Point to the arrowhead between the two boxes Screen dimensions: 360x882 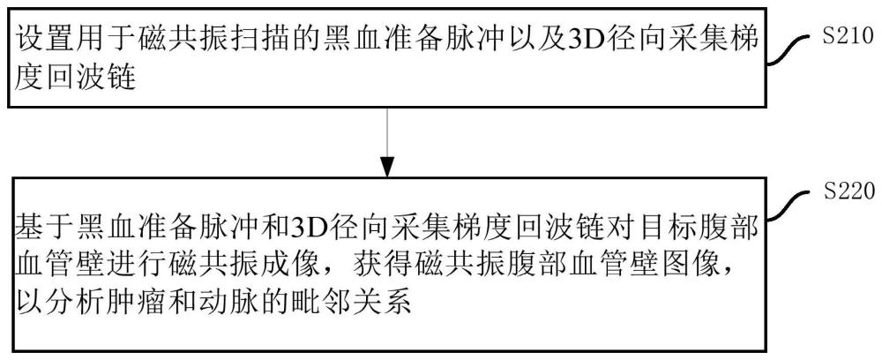point(385,165)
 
